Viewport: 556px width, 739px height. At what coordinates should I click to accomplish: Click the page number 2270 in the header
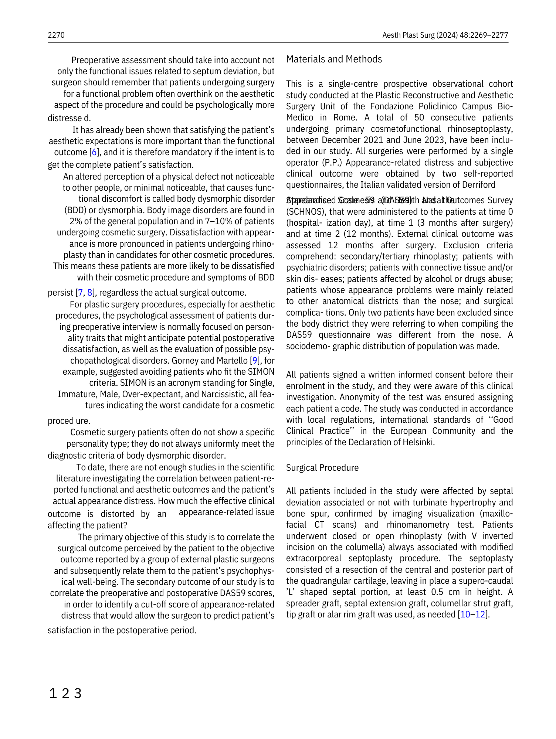point(56,35)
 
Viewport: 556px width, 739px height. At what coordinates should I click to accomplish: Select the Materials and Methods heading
point(334,59)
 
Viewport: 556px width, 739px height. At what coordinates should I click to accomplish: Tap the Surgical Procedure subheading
point(322,468)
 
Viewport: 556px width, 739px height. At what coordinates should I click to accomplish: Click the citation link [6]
point(95,152)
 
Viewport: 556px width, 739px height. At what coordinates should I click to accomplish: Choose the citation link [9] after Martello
point(255,360)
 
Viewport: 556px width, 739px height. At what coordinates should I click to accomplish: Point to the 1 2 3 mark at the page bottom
point(65,694)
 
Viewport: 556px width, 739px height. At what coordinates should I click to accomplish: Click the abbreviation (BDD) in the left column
point(76,210)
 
